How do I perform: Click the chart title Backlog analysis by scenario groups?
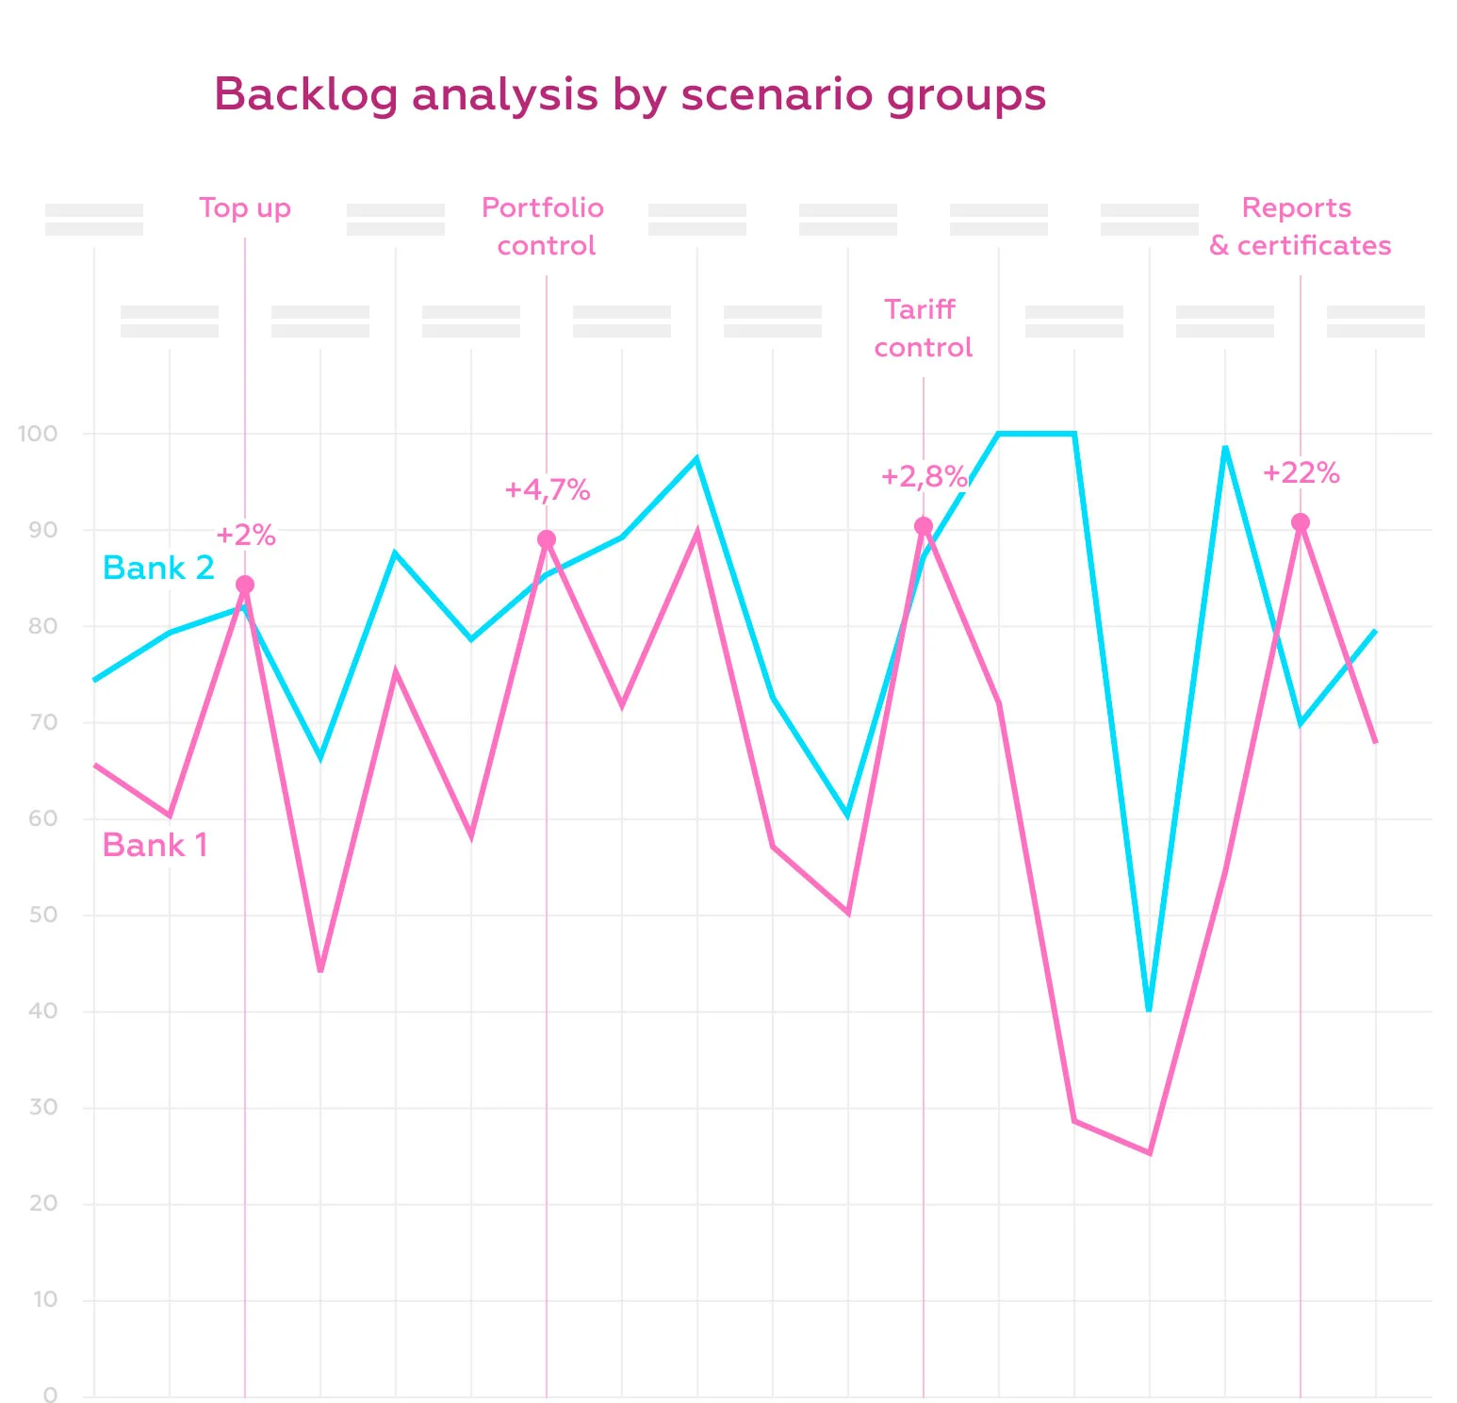pos(630,95)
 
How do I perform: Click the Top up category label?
pos(245,208)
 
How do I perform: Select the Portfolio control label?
pos(544,226)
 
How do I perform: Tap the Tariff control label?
pos(922,328)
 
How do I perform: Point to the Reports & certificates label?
pos(1299,226)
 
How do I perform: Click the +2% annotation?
pos(245,536)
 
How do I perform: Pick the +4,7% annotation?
pos(547,490)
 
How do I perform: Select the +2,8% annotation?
pos(923,477)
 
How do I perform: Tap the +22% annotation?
pos(1301,473)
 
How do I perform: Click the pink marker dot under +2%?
pos(245,585)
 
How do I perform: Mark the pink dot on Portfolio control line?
pos(547,539)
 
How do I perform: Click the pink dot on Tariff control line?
pos(924,526)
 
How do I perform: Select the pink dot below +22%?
pos(1301,522)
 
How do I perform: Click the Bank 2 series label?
pos(158,568)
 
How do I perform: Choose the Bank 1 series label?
pos(155,845)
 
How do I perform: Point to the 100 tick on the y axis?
pos(38,434)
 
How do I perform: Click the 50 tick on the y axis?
pos(42,915)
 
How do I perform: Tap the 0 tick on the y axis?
pos(50,1395)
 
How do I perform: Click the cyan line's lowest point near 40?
pos(1149,1010)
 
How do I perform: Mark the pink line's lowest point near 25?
pos(1150,1152)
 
